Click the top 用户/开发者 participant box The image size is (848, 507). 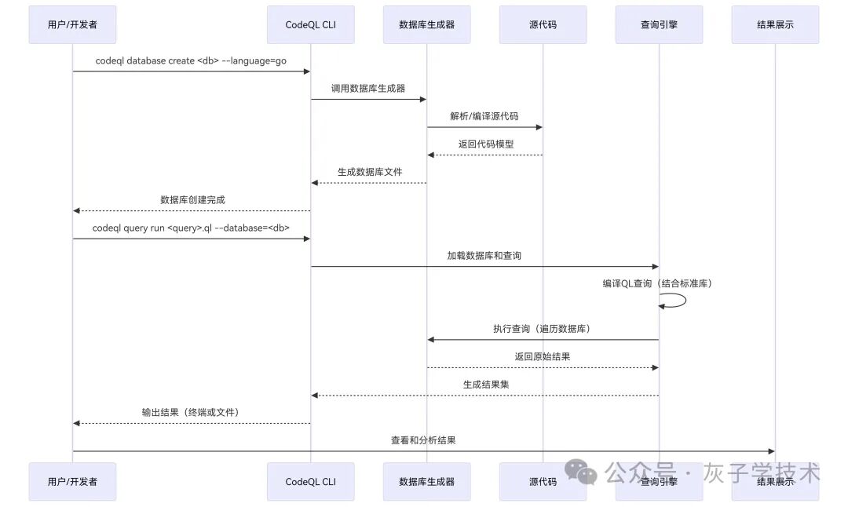[x=72, y=24]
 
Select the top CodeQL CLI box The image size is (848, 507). [x=310, y=24]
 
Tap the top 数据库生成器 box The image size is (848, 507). [x=426, y=24]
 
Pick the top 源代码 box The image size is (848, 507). [x=543, y=24]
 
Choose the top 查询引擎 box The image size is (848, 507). [x=659, y=24]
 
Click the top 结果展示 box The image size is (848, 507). [x=775, y=24]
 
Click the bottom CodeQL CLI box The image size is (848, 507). [x=310, y=481]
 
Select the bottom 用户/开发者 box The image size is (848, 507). [x=72, y=481]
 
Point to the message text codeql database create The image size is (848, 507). [x=191, y=60]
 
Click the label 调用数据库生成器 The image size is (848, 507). [x=368, y=89]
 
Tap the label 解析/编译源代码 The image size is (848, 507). [x=484, y=116]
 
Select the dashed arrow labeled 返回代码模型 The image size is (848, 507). [x=484, y=155]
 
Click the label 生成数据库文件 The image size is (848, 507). [x=368, y=172]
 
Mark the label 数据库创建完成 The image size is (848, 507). [x=192, y=200]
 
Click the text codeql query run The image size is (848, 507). [x=191, y=228]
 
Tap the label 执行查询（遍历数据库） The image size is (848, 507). [x=542, y=329]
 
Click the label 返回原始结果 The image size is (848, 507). [x=543, y=356]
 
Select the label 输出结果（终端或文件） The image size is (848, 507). [x=191, y=412]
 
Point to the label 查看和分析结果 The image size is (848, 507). [x=423, y=440]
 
